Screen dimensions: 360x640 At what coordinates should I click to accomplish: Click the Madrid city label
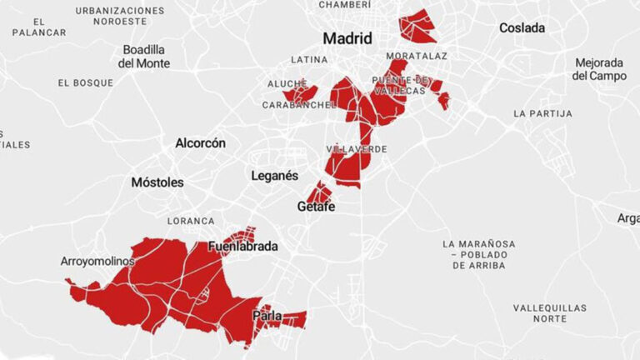coord(347,38)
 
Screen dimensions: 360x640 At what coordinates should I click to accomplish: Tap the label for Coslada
coord(522,28)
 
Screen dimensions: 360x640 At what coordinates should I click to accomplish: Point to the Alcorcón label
coord(200,143)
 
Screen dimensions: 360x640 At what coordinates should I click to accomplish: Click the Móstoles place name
coord(157,182)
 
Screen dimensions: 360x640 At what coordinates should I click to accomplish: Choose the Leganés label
coord(274,176)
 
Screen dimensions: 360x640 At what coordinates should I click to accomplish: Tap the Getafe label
coord(316,207)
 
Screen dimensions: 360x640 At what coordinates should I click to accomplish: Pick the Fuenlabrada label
coord(242,247)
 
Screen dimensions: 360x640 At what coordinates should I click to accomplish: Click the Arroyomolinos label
coord(97,262)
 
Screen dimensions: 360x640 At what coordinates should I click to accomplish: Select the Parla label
coord(267,316)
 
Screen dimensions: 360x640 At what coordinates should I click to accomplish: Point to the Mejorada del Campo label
coord(599,69)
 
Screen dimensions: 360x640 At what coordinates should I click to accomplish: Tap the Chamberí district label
coord(344,5)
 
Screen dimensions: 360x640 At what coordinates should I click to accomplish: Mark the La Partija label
coord(542,113)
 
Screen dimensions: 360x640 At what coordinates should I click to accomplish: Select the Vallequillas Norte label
coord(549,313)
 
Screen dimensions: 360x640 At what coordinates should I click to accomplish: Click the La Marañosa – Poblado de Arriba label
coord(478,254)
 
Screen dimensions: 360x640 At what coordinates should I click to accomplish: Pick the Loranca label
coord(191,221)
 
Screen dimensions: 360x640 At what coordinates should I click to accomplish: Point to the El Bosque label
coord(85,83)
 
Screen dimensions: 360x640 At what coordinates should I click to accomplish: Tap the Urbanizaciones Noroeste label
coord(119,16)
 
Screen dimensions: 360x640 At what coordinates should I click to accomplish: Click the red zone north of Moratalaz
coord(417,26)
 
